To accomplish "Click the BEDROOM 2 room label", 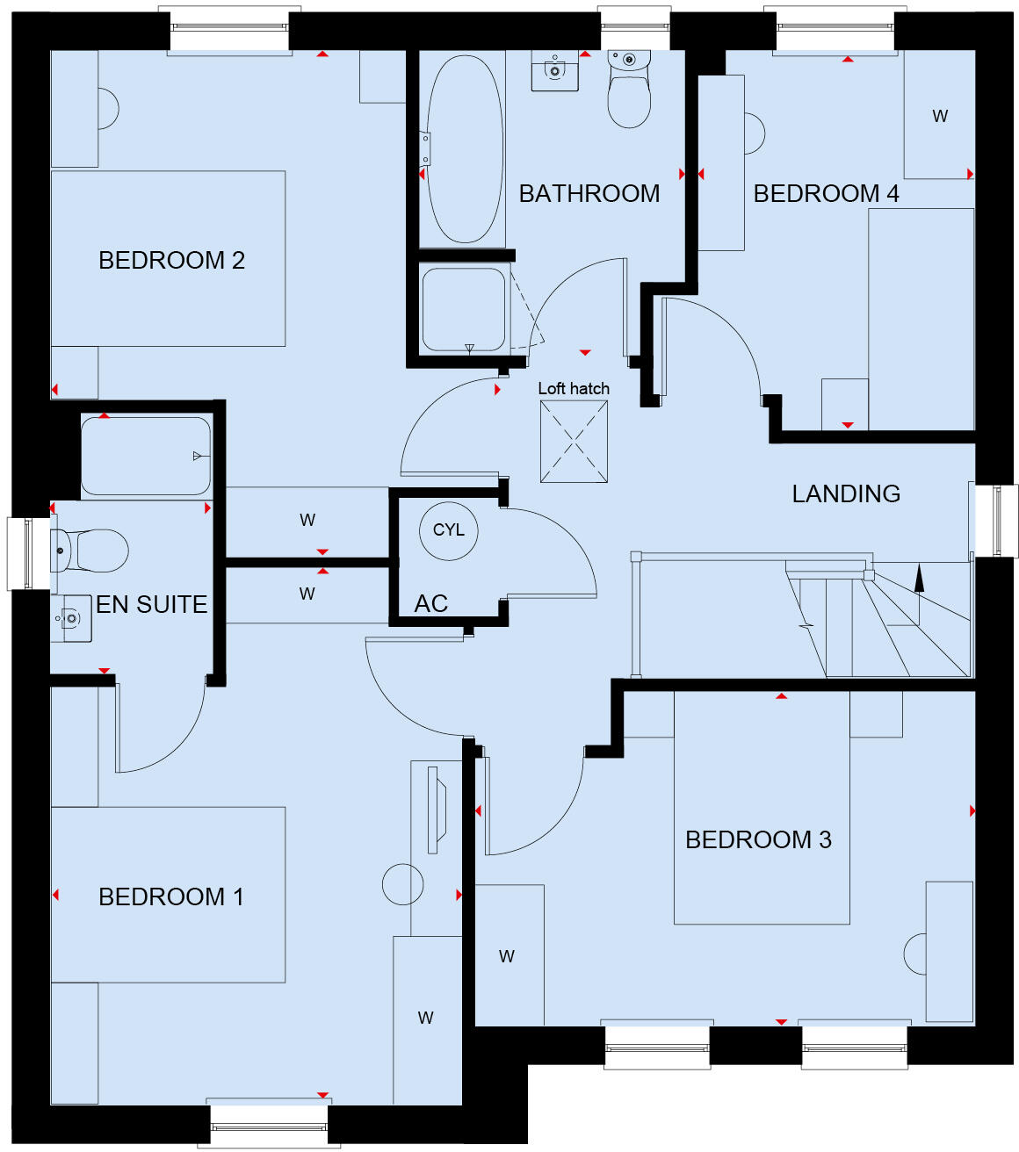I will (171, 260).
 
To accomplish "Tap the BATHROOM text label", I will (589, 193).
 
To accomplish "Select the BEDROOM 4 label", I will (826, 193).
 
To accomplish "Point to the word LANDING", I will (846, 493).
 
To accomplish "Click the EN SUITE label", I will (151, 604).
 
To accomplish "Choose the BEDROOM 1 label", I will (171, 896).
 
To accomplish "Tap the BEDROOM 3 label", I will (758, 839).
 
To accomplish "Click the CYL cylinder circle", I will (449, 530).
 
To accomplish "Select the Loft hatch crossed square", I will (574, 442).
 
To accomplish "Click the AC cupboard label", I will (430, 603).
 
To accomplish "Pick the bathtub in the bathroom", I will (464, 149).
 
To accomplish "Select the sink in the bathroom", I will (555, 71).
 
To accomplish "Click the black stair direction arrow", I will (920, 577).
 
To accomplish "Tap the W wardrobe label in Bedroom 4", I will (940, 116).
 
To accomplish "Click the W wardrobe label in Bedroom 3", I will (507, 956).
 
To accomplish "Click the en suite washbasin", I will (71, 618).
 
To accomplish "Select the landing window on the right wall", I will (996, 520).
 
